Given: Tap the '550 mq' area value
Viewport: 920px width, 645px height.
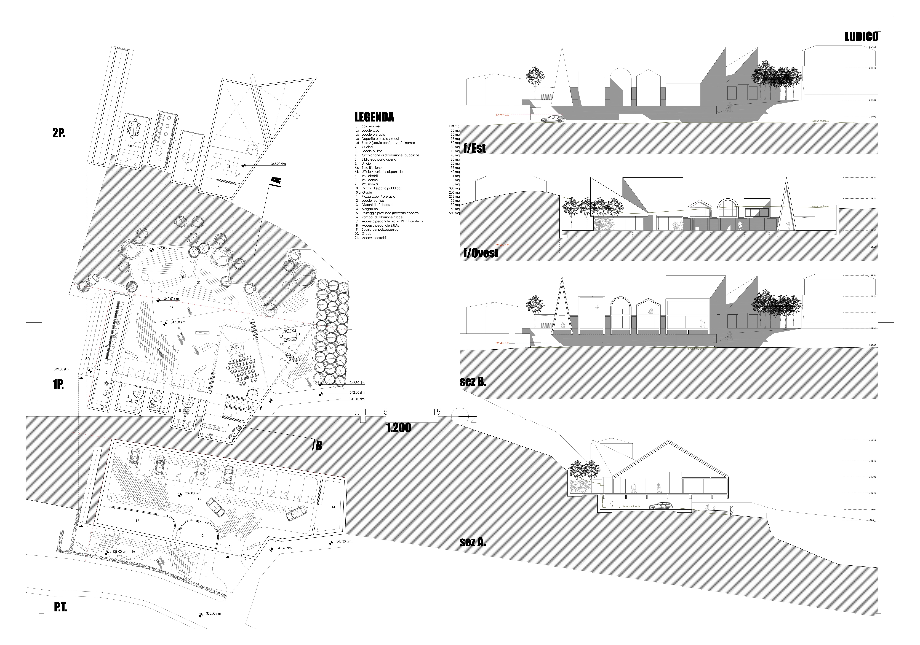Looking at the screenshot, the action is tap(454, 213).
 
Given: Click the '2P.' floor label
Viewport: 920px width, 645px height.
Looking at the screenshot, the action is tap(58, 133).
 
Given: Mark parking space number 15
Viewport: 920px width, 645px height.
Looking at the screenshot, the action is tap(310, 499).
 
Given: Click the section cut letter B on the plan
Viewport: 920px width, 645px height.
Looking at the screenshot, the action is tap(319, 445).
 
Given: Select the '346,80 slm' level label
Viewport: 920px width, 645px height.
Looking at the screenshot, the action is tap(164, 248).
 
